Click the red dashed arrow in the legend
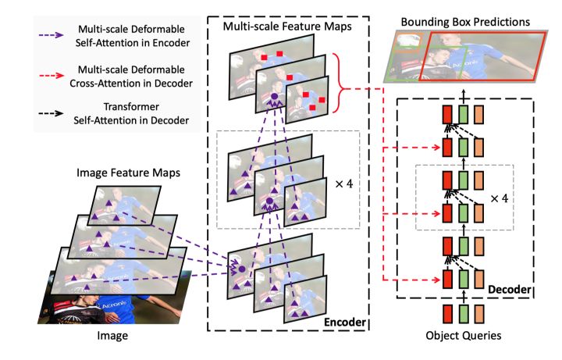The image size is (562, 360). click(51, 77)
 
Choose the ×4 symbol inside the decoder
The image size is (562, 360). click(499, 198)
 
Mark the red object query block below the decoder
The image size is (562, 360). click(448, 316)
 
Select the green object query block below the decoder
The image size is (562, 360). click(464, 316)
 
